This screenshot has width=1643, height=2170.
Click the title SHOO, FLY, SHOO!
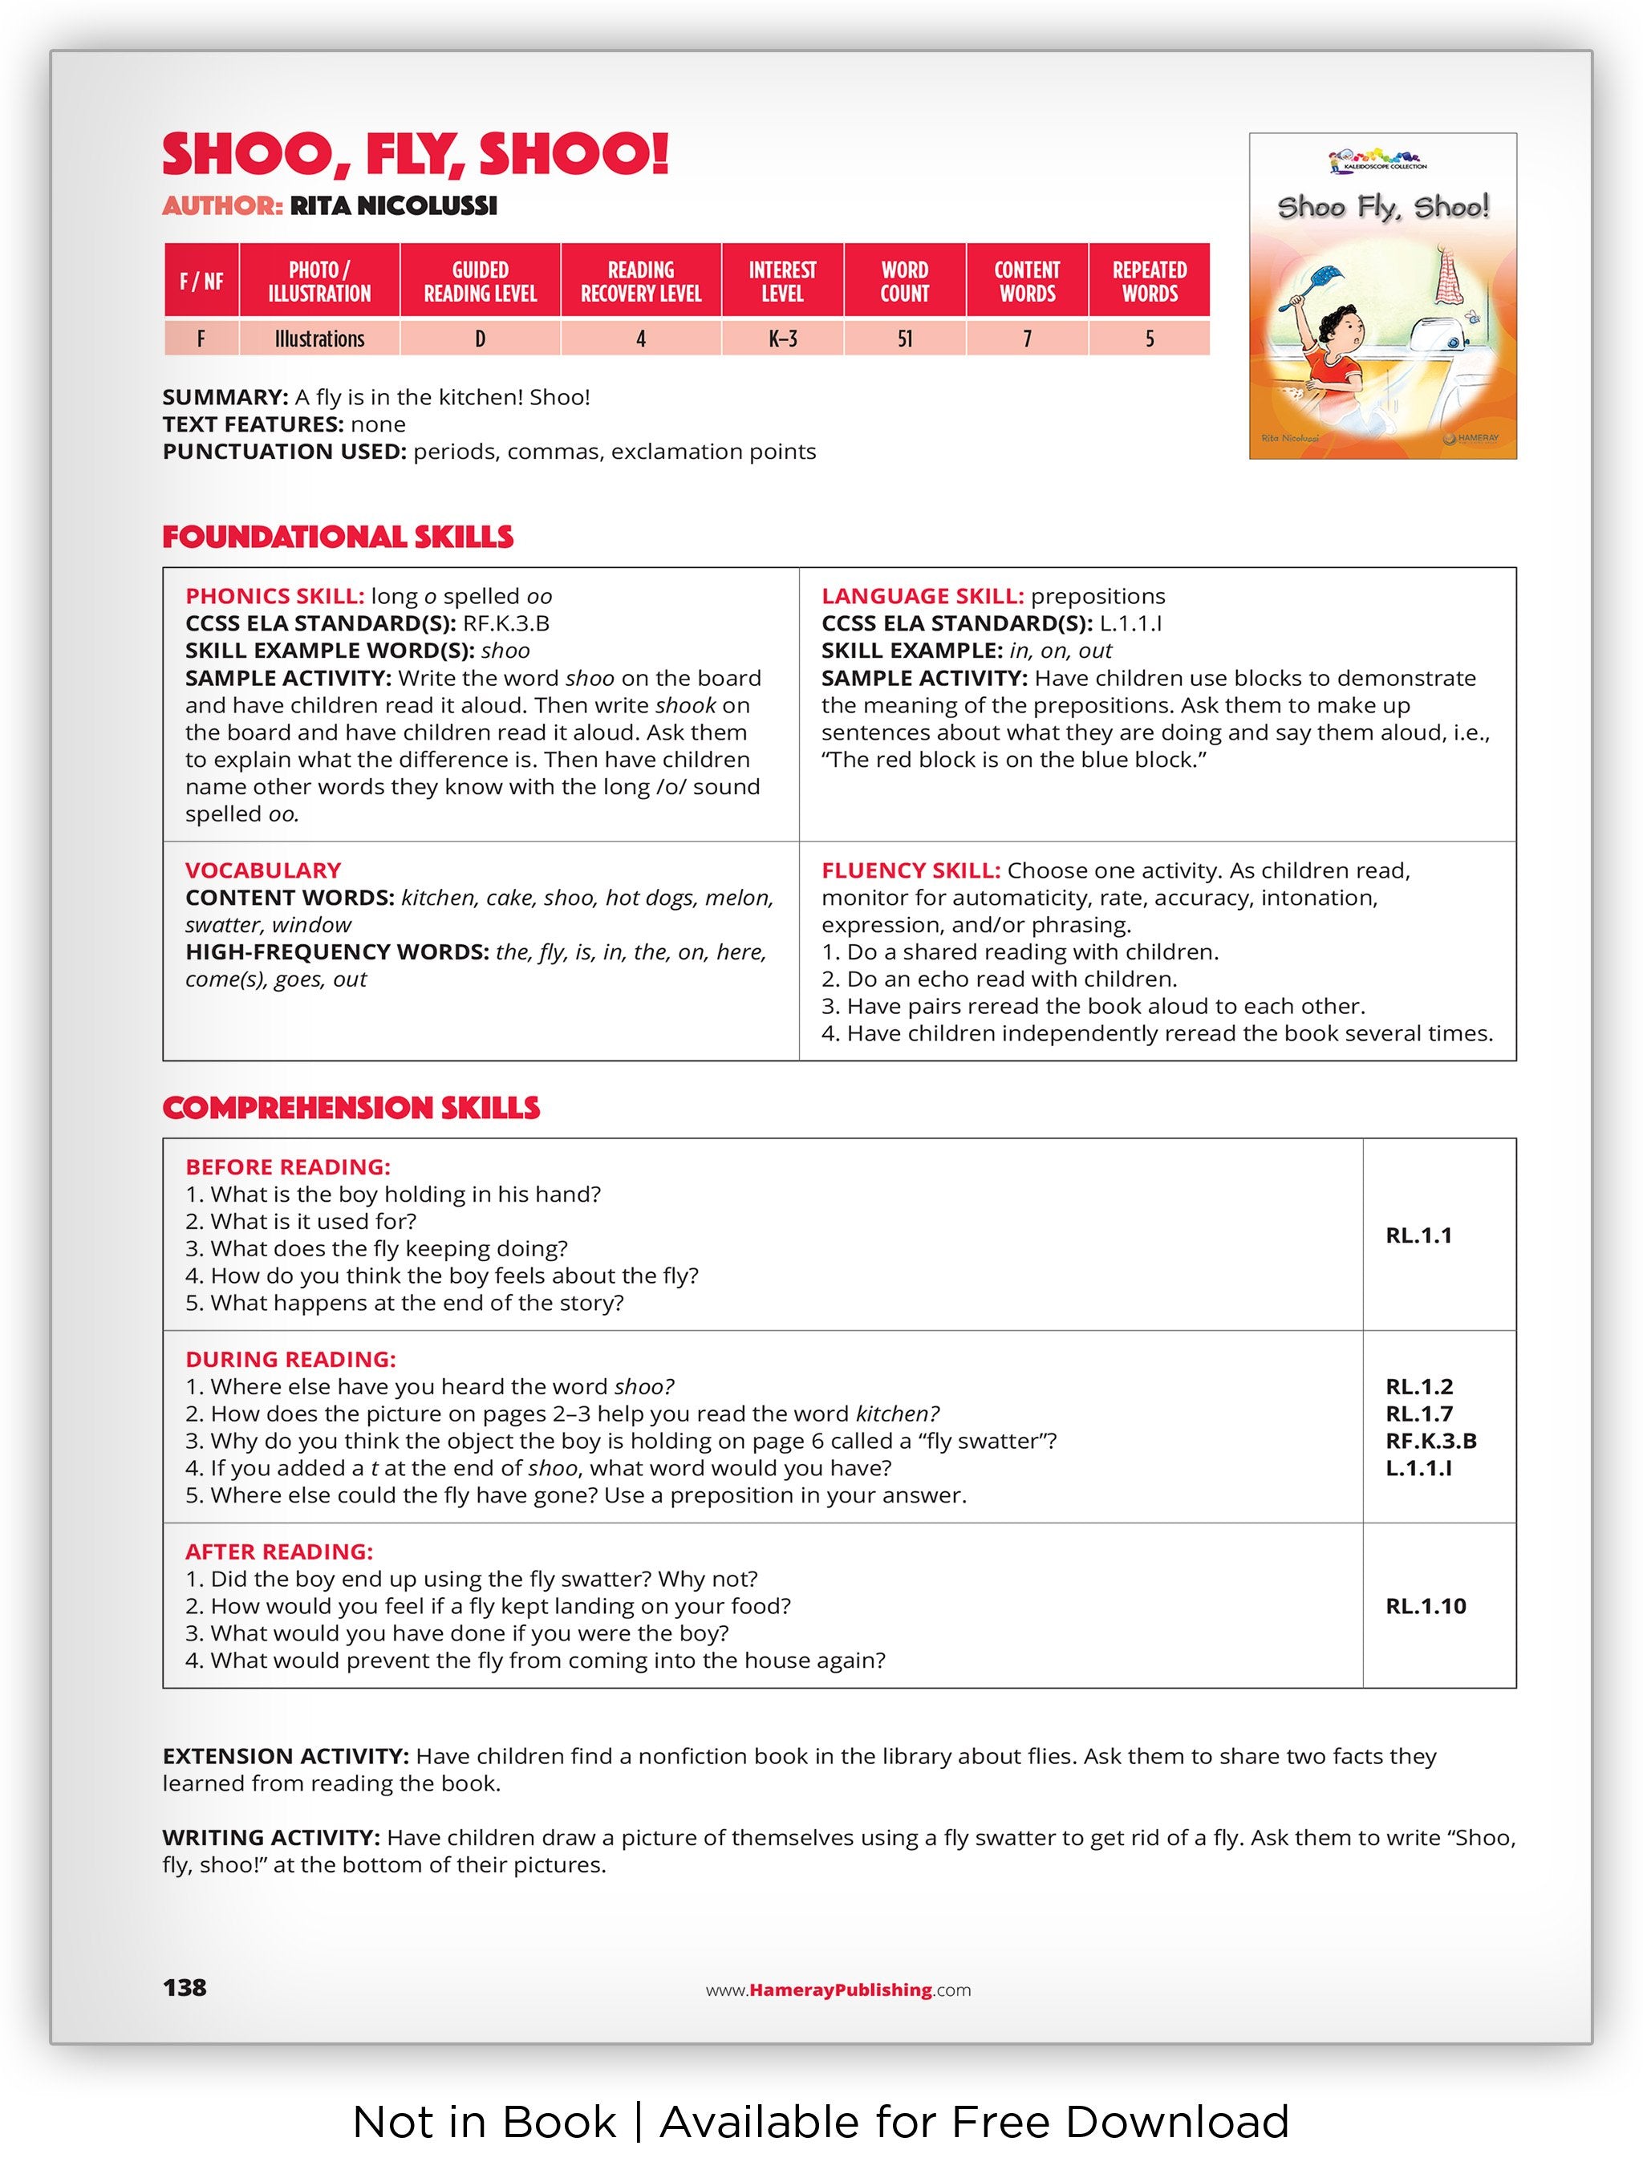[x=415, y=154]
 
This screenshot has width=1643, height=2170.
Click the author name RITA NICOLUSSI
[x=393, y=206]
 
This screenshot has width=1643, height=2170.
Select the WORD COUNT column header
[x=903, y=282]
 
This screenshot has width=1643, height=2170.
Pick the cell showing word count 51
[x=903, y=339]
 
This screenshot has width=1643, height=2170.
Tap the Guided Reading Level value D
[x=480, y=339]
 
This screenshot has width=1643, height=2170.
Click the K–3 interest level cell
[x=781, y=339]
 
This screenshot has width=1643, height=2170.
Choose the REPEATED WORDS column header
[x=1149, y=282]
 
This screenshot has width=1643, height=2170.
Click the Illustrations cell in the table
[x=318, y=339]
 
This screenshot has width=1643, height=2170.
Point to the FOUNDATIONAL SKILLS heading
[x=338, y=537]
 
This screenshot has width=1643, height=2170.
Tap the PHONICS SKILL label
[x=274, y=597]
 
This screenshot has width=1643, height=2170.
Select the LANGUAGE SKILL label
[x=922, y=597]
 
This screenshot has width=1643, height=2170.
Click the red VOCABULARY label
[x=263, y=870]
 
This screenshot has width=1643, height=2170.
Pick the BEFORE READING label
[x=287, y=1167]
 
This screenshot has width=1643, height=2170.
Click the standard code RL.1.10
[x=1426, y=1606]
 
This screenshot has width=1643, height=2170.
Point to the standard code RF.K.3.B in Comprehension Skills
[x=1430, y=1441]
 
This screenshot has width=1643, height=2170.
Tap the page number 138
[x=185, y=1988]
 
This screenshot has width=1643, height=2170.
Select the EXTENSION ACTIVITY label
[x=285, y=1756]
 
